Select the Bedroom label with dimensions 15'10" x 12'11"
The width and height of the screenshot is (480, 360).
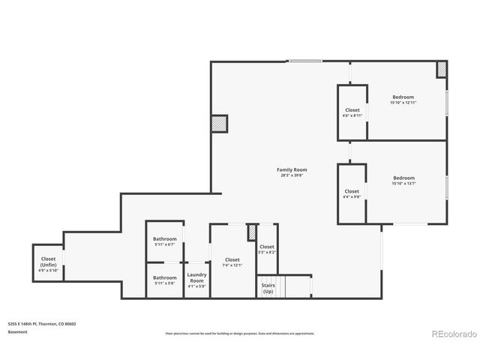point(403,97)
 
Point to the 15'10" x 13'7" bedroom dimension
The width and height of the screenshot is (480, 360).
point(403,184)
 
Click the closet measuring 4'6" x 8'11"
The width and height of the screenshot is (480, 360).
point(352,112)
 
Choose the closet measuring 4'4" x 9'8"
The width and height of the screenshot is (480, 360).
point(352,193)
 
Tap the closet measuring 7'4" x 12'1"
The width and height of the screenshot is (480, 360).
point(232,262)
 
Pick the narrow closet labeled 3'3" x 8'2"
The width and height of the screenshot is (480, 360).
point(267,249)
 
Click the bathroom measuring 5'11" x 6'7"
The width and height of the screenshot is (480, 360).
point(164,241)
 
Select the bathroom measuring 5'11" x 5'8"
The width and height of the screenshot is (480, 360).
point(164,280)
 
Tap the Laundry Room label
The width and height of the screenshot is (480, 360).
point(196,277)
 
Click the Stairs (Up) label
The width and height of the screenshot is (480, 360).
point(268,288)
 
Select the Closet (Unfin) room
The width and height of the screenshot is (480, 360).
point(48,263)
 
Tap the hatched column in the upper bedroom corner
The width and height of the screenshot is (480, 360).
point(442,70)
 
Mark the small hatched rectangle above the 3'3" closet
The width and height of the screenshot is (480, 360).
point(253,232)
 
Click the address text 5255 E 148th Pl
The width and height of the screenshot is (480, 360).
point(28,324)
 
